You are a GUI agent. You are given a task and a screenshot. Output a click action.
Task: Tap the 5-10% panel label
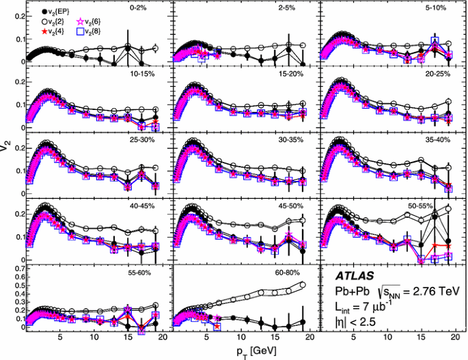click(435, 9)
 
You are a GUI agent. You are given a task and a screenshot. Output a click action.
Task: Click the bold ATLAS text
click(355, 277)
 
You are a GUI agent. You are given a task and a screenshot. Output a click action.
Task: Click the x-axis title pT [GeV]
click(247, 350)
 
